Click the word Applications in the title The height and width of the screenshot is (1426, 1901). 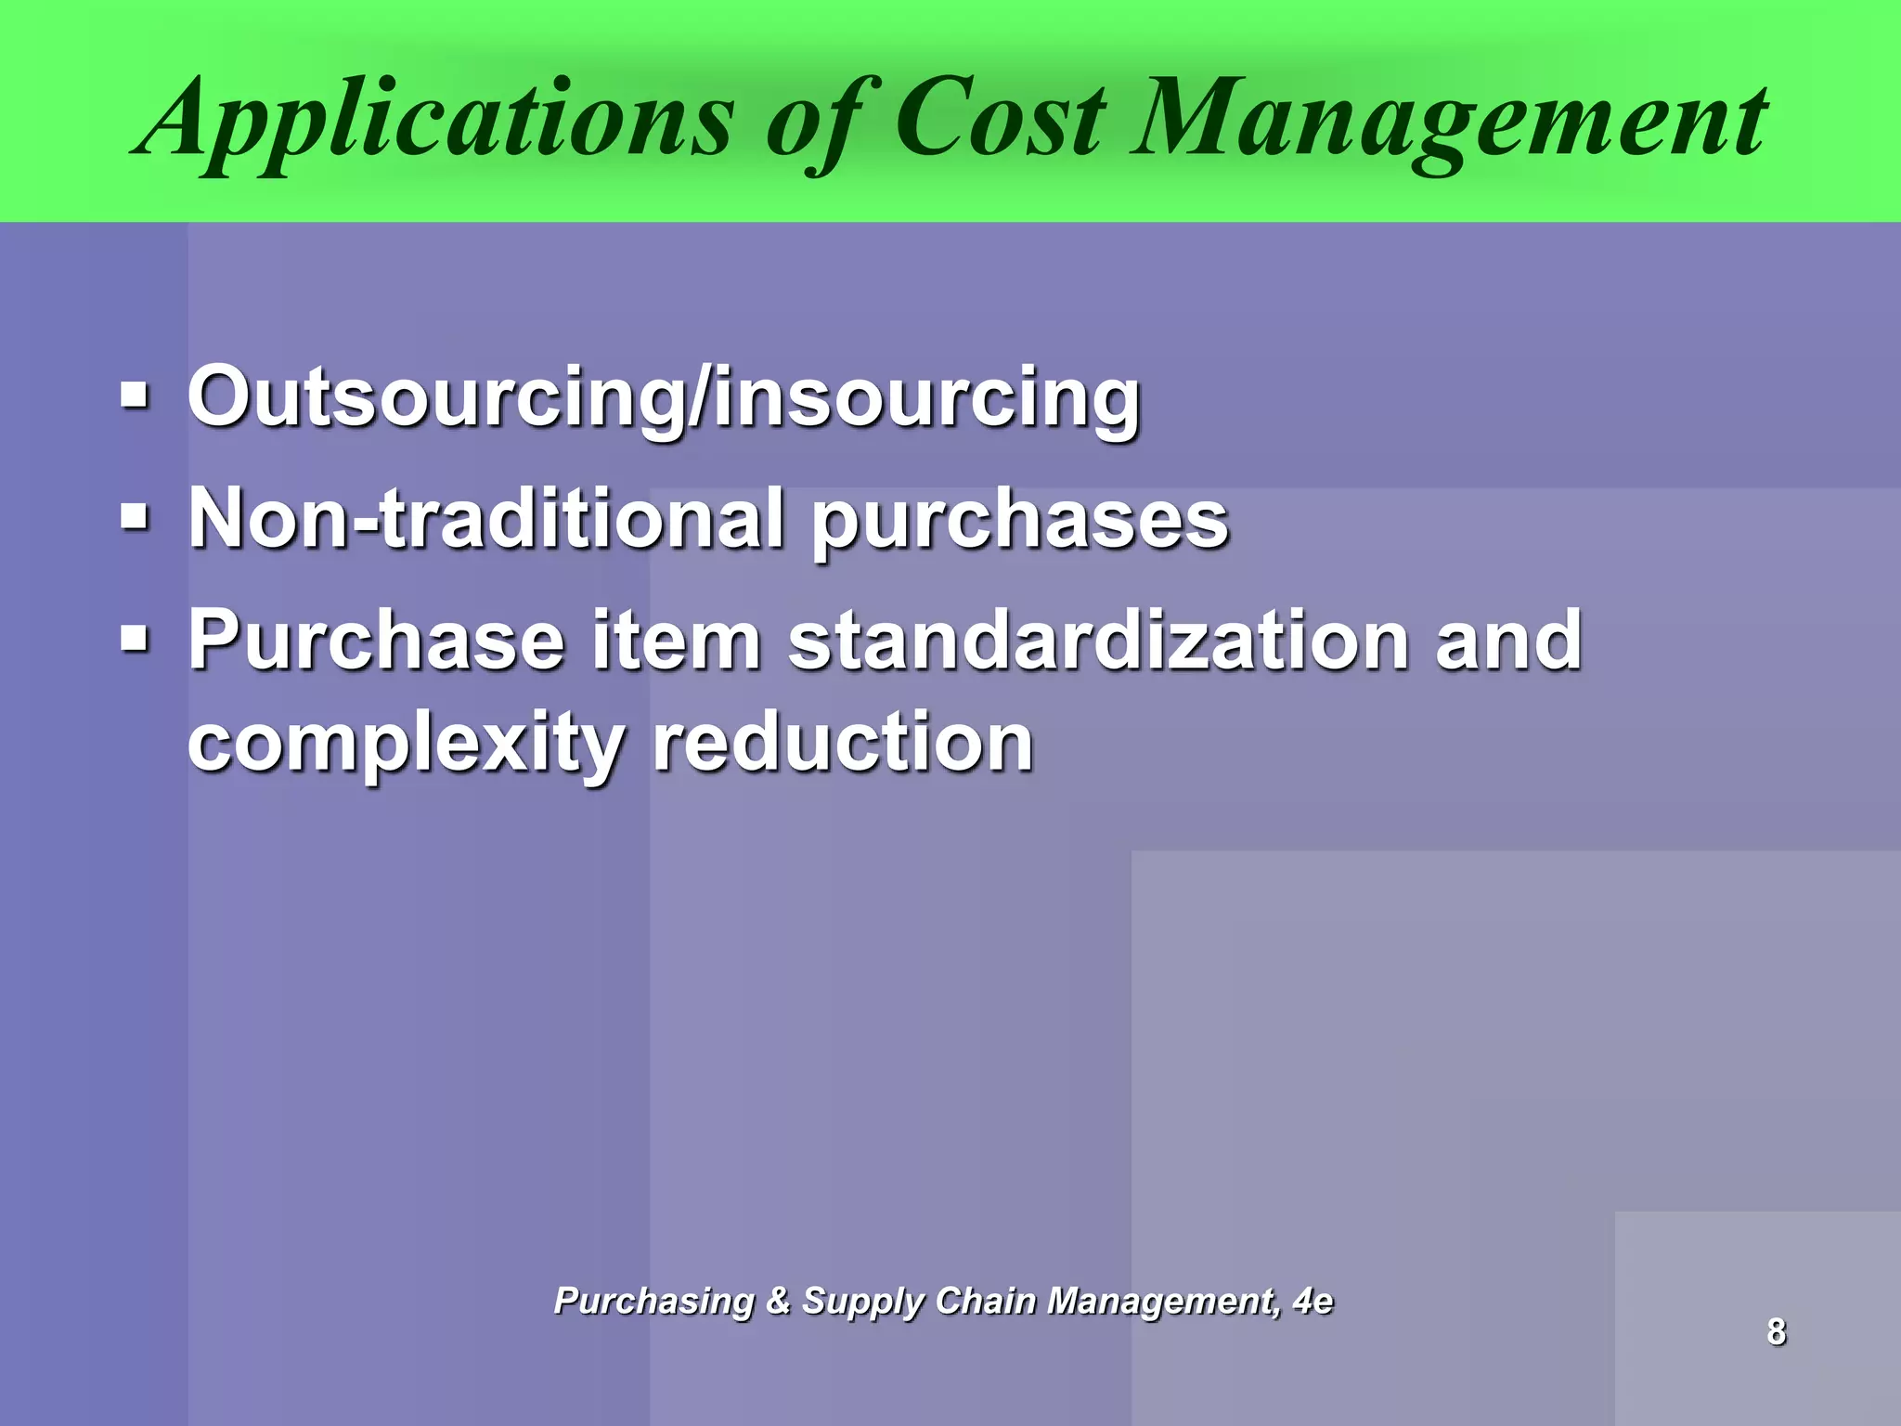436,121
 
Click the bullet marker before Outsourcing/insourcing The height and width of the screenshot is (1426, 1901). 135,396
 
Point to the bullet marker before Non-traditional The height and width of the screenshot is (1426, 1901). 135,516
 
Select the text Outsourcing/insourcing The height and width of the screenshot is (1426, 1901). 664,397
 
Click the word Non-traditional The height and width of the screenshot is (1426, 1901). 487,518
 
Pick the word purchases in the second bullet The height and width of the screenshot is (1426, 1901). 1021,520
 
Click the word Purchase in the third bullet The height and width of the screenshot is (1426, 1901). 377,641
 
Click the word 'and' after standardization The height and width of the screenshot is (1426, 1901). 1508,641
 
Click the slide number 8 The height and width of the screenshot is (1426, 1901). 1777,1331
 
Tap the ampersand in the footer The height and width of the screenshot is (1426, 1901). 778,1301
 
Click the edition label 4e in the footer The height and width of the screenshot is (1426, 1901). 1313,1301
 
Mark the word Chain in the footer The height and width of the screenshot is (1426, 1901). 986,1301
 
